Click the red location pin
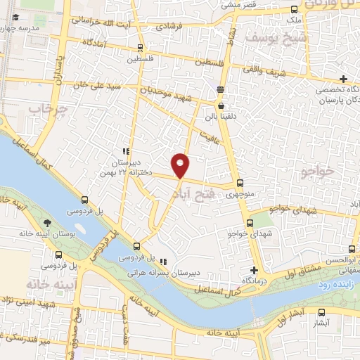click(181, 165)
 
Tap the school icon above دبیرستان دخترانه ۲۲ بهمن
click(126, 151)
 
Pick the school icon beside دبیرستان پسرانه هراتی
click(163, 262)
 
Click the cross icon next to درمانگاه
click(254, 271)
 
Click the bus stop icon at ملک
click(294, 9)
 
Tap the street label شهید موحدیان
click(161, 91)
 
